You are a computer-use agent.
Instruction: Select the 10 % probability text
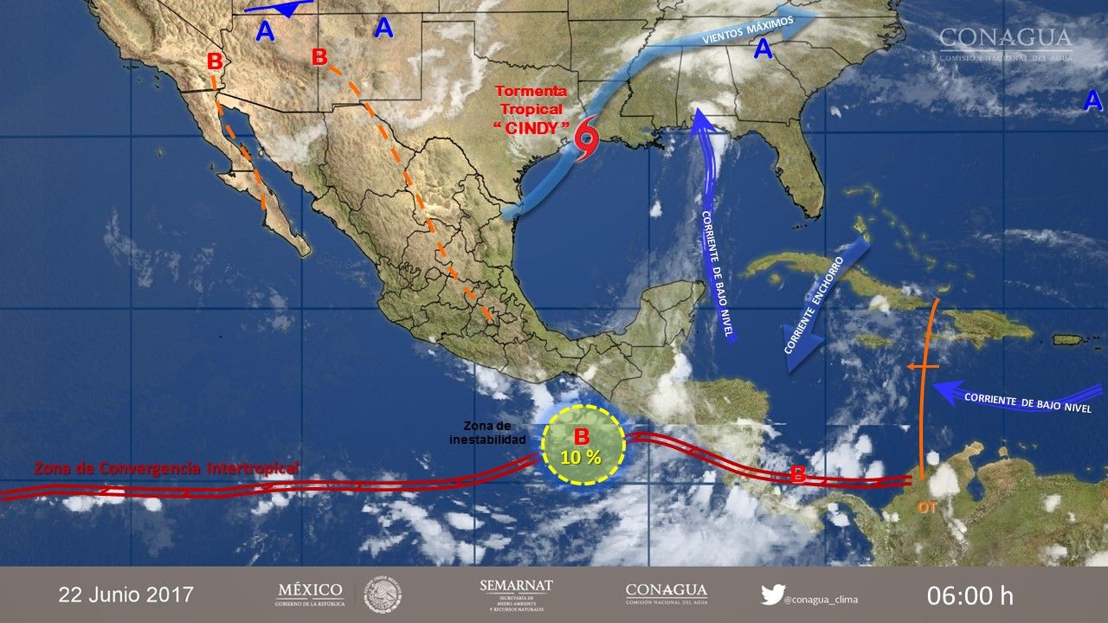click(582, 457)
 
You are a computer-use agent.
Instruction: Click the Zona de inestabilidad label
click(487, 433)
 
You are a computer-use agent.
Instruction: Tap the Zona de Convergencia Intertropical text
click(166, 468)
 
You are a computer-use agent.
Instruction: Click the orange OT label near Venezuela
click(927, 508)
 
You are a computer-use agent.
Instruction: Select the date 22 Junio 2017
click(126, 594)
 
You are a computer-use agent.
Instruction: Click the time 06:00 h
click(969, 595)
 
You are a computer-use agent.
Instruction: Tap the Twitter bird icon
click(772, 594)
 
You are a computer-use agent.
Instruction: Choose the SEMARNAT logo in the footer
click(516, 594)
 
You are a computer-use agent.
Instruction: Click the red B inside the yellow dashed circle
click(582, 436)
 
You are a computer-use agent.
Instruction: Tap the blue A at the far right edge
click(1093, 101)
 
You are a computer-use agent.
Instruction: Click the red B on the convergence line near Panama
click(799, 475)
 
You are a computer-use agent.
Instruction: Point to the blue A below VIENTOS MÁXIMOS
click(763, 50)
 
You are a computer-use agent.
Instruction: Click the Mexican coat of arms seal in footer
click(381, 594)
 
